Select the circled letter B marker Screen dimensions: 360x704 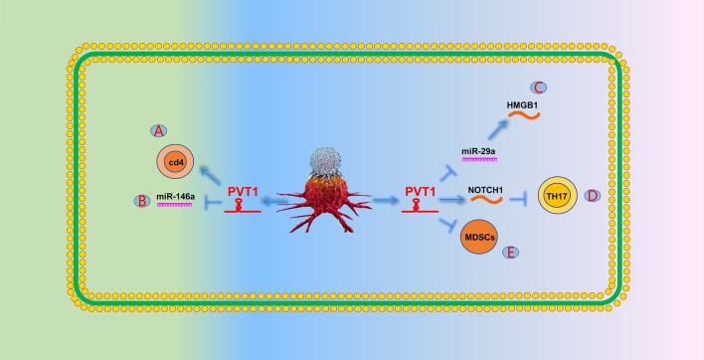click(x=142, y=201)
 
